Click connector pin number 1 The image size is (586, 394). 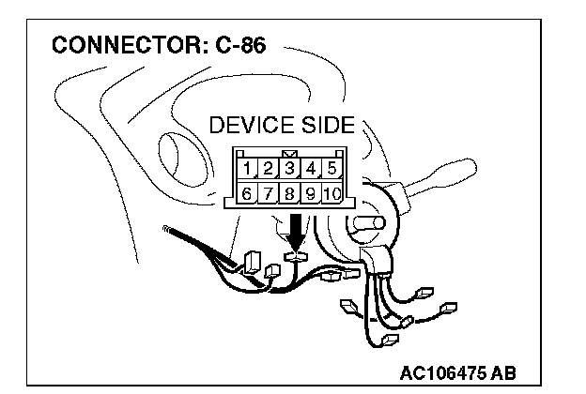pyautogui.click(x=247, y=169)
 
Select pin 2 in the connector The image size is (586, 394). pyautogui.click(x=268, y=169)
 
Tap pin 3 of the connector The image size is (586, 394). pyautogui.click(x=290, y=169)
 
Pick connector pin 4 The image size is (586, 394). pyautogui.click(x=312, y=169)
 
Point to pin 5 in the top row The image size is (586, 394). pyautogui.click(x=332, y=169)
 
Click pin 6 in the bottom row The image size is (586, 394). pyautogui.click(x=247, y=194)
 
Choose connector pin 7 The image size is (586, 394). pyautogui.click(x=268, y=194)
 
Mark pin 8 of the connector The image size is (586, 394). pyautogui.click(x=290, y=194)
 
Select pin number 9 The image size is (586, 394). pyautogui.click(x=311, y=194)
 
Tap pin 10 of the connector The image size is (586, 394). pyautogui.click(x=332, y=194)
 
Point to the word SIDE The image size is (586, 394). pyautogui.click(x=325, y=126)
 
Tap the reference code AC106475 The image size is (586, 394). pyautogui.click(x=443, y=371)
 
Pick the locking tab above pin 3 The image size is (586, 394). pyautogui.click(x=290, y=154)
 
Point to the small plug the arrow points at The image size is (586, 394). pyautogui.click(x=297, y=254)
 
